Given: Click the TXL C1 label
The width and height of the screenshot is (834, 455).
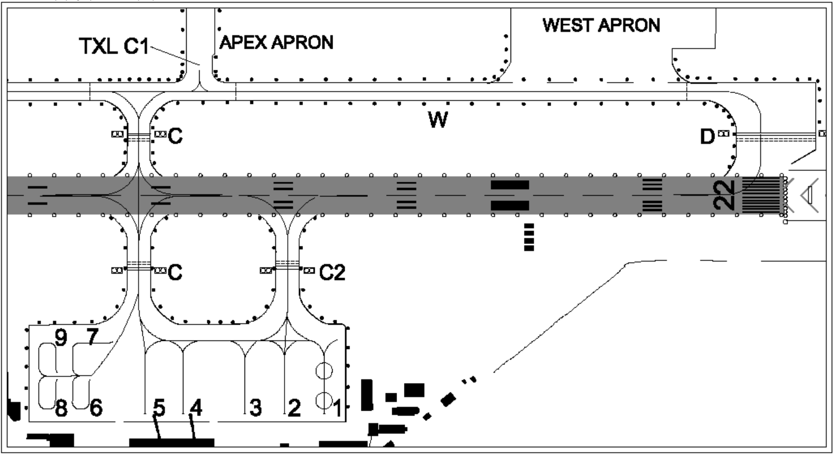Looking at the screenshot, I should (x=114, y=47).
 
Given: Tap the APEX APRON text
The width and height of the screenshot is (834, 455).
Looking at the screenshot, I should (x=276, y=42).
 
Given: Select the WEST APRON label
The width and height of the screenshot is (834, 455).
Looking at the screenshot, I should (x=601, y=25).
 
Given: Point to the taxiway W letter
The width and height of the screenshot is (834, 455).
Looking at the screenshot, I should (x=438, y=120).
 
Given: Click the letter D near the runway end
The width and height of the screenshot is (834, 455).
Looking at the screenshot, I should (x=707, y=137).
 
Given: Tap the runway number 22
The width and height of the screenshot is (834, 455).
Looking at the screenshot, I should (x=725, y=195).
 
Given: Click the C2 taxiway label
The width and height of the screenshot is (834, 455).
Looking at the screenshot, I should (x=332, y=273).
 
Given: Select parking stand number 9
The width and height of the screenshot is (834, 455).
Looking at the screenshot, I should (x=61, y=338).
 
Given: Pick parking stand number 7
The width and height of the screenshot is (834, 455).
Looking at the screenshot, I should (x=92, y=337).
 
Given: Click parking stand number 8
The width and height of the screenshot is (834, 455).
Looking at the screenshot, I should (x=61, y=408).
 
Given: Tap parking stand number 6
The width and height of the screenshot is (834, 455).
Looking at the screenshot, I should (x=95, y=408).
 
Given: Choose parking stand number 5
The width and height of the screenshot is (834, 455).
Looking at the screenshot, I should (x=158, y=407).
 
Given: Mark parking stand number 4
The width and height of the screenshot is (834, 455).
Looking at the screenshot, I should (x=196, y=407).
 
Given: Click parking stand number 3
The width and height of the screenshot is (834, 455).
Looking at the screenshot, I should (x=255, y=408).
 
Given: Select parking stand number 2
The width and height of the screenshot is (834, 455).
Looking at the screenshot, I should (x=294, y=408).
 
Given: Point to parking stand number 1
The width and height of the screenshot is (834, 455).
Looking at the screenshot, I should (x=337, y=408).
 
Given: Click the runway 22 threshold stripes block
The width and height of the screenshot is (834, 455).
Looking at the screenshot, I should (x=760, y=195).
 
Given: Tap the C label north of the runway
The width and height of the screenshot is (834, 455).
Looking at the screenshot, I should (x=175, y=136).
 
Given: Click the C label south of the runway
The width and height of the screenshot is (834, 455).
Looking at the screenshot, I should (x=175, y=273).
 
